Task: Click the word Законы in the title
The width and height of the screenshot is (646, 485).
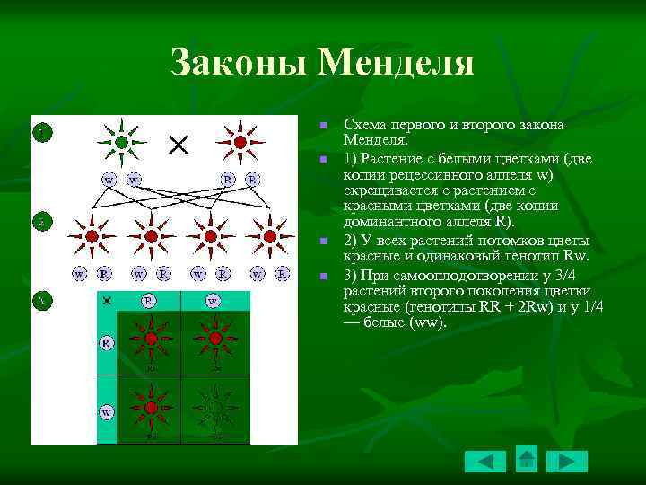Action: point(234,63)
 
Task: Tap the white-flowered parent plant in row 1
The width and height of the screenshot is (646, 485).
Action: point(121,142)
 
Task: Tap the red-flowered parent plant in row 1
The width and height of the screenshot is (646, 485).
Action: point(240,142)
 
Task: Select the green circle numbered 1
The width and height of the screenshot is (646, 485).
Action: point(40,132)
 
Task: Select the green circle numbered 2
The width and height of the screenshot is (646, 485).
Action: point(40,219)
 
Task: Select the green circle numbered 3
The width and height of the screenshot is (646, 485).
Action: point(40,300)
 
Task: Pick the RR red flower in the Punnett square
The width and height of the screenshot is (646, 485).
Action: point(151,339)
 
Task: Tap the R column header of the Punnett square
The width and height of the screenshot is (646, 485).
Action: point(149,300)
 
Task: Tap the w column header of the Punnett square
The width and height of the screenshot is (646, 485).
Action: point(213,301)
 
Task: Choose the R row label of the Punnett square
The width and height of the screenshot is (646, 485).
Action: point(107,342)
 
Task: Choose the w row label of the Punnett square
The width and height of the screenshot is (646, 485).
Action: point(107,412)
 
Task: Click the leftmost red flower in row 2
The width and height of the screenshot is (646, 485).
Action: point(92,236)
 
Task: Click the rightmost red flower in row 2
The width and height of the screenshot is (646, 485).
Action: point(269,236)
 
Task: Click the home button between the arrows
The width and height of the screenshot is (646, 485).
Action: point(527,459)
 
